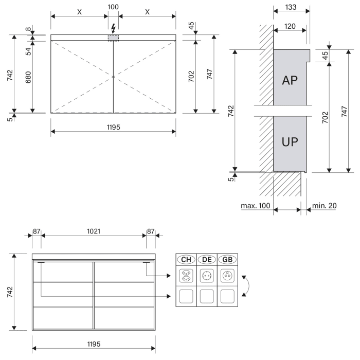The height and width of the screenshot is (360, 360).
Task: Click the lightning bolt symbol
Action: (113, 29)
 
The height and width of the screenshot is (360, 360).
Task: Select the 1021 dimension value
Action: (93, 231)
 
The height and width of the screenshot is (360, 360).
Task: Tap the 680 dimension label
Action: (28, 77)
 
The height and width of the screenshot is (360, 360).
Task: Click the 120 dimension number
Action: (290, 26)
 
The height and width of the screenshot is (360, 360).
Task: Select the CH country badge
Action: (186, 259)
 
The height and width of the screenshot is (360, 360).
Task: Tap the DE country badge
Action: (207, 259)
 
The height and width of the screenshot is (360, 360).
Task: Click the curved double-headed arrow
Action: (246, 285)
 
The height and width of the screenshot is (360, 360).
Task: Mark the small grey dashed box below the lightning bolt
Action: (113, 39)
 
